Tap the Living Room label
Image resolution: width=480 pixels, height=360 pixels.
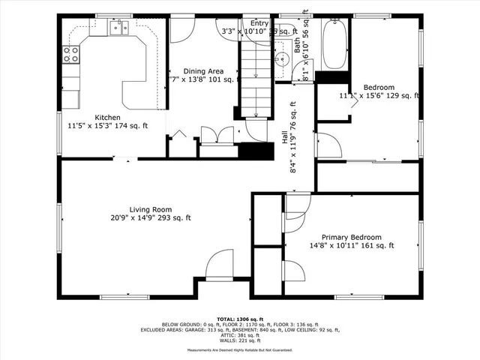coord(151,209)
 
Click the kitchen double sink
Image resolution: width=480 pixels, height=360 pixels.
coord(118,28)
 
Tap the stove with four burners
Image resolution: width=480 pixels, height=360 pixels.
coord(70,53)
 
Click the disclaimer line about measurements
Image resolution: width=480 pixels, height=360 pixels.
coord(239,349)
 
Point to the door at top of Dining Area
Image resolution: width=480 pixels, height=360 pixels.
coord(181,30)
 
